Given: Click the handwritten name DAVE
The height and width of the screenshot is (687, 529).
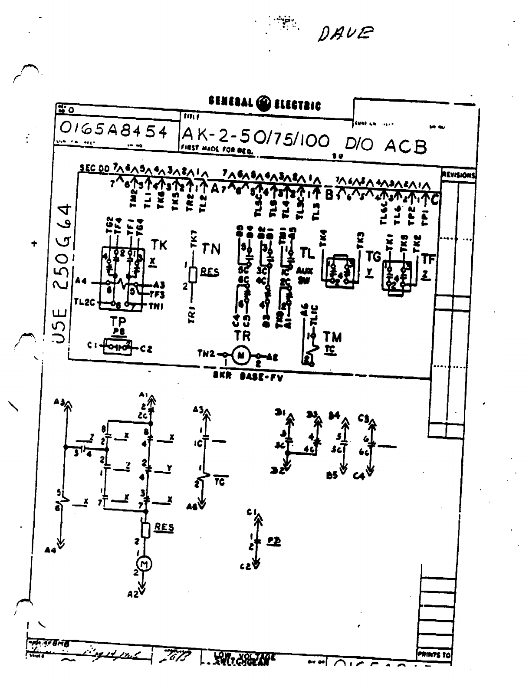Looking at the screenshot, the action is click(345, 32).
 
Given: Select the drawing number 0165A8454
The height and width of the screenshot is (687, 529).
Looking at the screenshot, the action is click(114, 130).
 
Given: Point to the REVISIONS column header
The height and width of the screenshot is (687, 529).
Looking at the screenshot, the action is click(459, 175).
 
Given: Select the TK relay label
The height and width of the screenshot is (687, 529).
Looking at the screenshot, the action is click(158, 246).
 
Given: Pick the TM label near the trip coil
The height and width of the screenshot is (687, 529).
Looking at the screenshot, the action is click(332, 337).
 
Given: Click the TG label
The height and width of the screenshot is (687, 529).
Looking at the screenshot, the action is click(373, 257).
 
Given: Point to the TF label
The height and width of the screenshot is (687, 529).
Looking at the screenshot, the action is click(428, 260).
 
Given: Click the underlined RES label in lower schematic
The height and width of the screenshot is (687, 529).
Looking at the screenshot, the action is click(164, 527).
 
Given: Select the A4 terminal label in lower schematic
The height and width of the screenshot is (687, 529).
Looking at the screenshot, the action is click(51, 550).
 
